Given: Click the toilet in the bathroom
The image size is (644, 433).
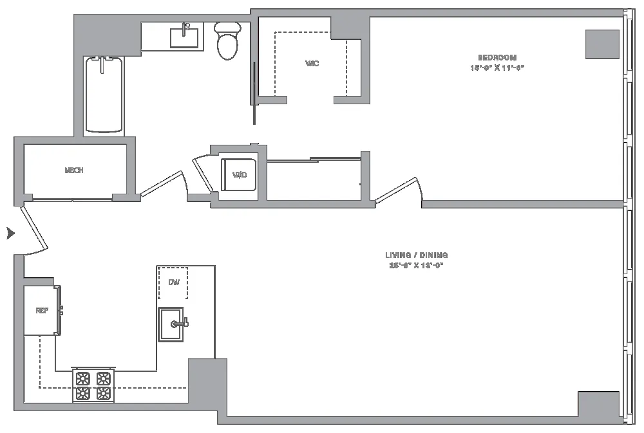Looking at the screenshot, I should click(x=227, y=41).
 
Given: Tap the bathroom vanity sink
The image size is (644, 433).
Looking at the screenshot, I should click(x=184, y=37).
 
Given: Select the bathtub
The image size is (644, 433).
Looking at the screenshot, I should click(x=104, y=95).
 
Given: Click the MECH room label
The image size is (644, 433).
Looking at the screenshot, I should click(x=74, y=170).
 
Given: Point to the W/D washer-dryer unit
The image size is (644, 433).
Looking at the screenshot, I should click(x=240, y=174).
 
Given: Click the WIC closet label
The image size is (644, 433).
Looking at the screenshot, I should click(x=312, y=63).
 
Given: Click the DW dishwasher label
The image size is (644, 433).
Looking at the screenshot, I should click(x=173, y=282).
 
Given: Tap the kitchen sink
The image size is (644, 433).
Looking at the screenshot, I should click(x=171, y=324).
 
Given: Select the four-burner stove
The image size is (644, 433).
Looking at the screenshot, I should click(x=93, y=386).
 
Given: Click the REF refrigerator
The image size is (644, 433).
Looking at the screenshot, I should click(x=42, y=310).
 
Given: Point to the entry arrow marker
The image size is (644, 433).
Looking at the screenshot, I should click(x=10, y=233).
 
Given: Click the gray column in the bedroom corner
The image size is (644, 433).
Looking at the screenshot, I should click(x=602, y=44).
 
